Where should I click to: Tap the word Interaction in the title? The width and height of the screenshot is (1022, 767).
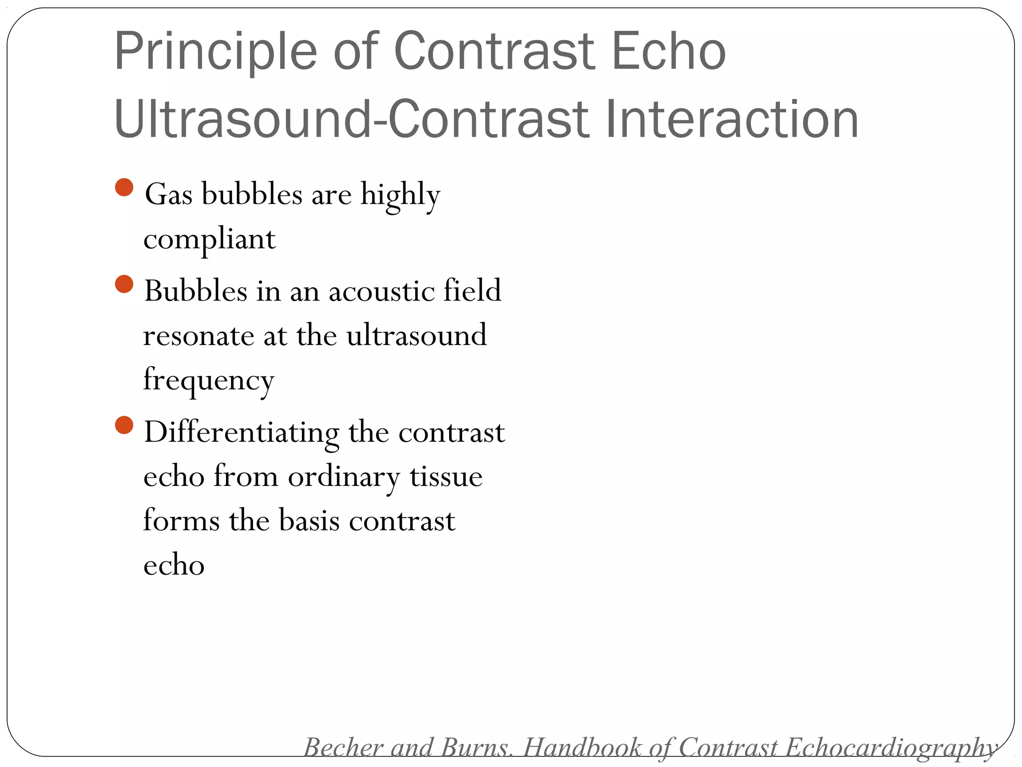(x=732, y=120)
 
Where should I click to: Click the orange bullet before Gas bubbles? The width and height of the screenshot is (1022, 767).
(x=124, y=188)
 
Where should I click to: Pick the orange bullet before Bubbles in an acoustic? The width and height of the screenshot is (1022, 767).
(x=124, y=284)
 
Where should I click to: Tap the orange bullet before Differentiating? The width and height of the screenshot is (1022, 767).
(x=124, y=425)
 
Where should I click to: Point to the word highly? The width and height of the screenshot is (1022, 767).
(x=400, y=195)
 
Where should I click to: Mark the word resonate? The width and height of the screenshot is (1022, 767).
(x=198, y=336)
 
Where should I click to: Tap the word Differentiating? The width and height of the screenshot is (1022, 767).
(x=242, y=432)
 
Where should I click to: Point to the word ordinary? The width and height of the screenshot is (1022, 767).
(x=344, y=477)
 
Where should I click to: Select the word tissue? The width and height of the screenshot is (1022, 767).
(x=446, y=476)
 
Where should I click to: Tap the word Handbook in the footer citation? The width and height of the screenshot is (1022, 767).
(x=582, y=748)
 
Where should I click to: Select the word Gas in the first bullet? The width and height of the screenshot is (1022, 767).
(x=168, y=194)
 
